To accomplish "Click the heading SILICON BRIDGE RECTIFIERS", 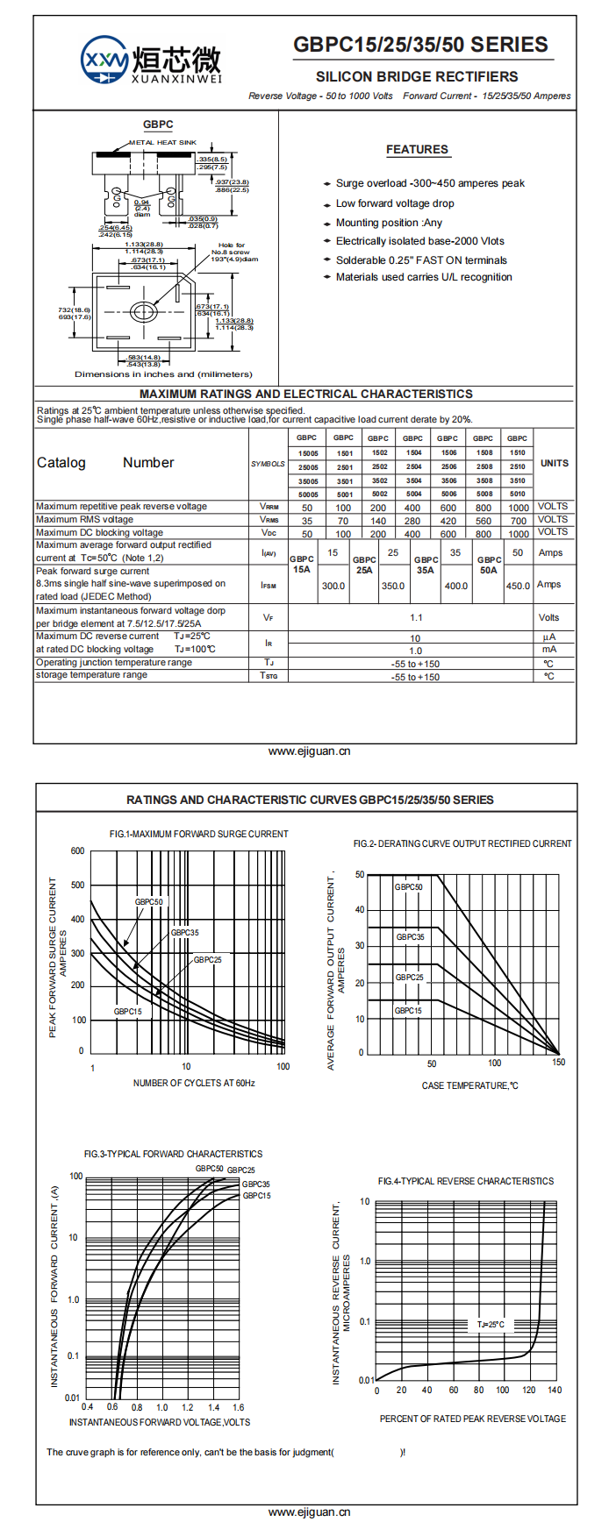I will click(417, 76).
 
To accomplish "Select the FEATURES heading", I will click(417, 150).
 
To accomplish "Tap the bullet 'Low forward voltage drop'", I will click(395, 203).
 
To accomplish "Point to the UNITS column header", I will click(554, 463).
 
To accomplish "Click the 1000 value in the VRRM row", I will click(519, 508).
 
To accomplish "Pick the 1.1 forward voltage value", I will click(416, 617).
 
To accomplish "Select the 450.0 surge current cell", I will click(518, 586).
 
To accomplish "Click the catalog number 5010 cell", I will click(518, 494).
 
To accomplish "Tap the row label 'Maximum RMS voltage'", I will click(85, 519).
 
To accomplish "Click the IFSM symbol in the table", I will click(269, 585).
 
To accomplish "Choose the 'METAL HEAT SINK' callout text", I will click(163, 142).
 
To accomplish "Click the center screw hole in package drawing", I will click(142, 311).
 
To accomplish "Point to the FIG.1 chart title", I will click(198, 834).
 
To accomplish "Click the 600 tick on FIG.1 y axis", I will click(78, 850).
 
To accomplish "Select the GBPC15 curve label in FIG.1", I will click(127, 1012).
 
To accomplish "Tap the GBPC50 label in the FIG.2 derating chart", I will click(408, 887).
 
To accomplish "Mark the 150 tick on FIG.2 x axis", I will click(559, 1063).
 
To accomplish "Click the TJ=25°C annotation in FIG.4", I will click(491, 1325).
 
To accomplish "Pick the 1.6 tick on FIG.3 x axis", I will click(238, 1407).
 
